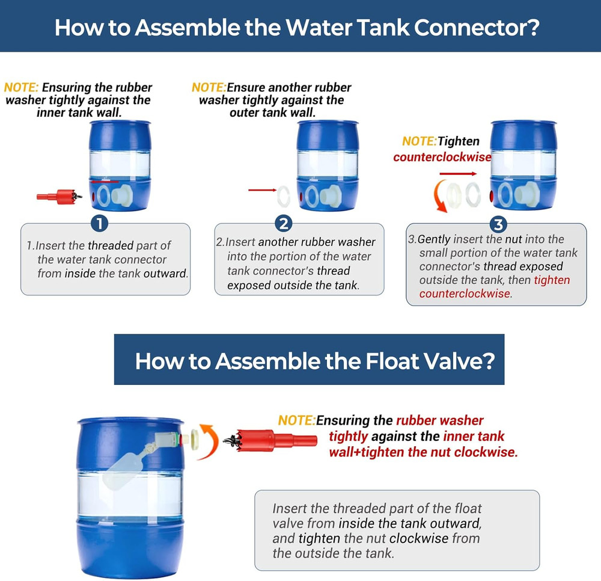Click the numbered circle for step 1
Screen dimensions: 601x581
pos(100,223)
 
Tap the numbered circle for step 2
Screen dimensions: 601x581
pos(284,223)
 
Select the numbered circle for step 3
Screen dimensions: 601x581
pos(498,224)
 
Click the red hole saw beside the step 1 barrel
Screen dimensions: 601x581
pos(59,197)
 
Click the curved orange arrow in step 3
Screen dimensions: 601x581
pos(439,196)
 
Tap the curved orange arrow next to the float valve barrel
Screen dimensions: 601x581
pos(209,441)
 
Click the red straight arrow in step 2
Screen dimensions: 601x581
pos(262,190)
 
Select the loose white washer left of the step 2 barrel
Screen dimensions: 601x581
pos(284,196)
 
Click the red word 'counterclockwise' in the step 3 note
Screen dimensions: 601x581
pos(442,157)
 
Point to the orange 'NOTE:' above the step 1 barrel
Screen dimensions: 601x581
pos(21,87)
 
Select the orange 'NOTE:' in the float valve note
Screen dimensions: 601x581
pos(297,420)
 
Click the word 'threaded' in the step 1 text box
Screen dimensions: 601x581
pos(111,245)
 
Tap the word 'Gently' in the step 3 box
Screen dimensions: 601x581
pos(434,240)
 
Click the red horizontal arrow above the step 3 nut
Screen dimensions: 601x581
pos(458,174)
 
